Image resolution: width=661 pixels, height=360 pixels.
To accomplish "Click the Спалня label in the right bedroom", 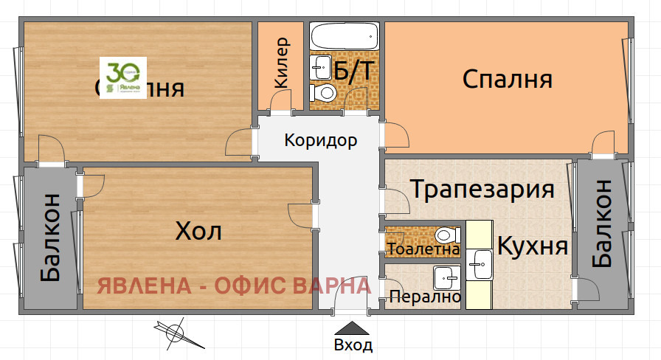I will pos(508,80).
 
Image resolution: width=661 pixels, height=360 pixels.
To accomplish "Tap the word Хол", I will pos(198,232).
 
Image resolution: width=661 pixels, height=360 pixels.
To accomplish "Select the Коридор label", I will pos(321,140).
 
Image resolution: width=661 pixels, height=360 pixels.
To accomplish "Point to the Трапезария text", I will pos(482,190).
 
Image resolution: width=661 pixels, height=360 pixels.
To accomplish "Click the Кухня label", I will pos(533,246).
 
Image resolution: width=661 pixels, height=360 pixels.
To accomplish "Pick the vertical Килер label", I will pos(282,63).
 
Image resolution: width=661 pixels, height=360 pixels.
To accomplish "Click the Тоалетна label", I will pos(422,249).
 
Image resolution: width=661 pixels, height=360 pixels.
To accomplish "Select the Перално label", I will pos(425,297).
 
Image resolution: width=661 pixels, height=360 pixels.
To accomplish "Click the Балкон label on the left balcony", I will pos(50,238).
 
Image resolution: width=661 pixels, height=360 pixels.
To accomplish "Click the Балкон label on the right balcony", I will pos(601,224).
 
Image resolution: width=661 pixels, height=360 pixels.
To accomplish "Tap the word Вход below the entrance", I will pos(353,345).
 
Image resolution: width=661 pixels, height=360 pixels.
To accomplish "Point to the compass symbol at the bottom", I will pos(176,333).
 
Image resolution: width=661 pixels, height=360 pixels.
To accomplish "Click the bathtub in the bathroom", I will pos(344,35).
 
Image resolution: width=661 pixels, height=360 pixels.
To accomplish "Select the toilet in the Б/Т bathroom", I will pos(325,93).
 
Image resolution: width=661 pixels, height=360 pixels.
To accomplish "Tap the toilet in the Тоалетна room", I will pos(445,236).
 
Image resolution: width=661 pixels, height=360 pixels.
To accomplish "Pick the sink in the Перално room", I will pos(446,278).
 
